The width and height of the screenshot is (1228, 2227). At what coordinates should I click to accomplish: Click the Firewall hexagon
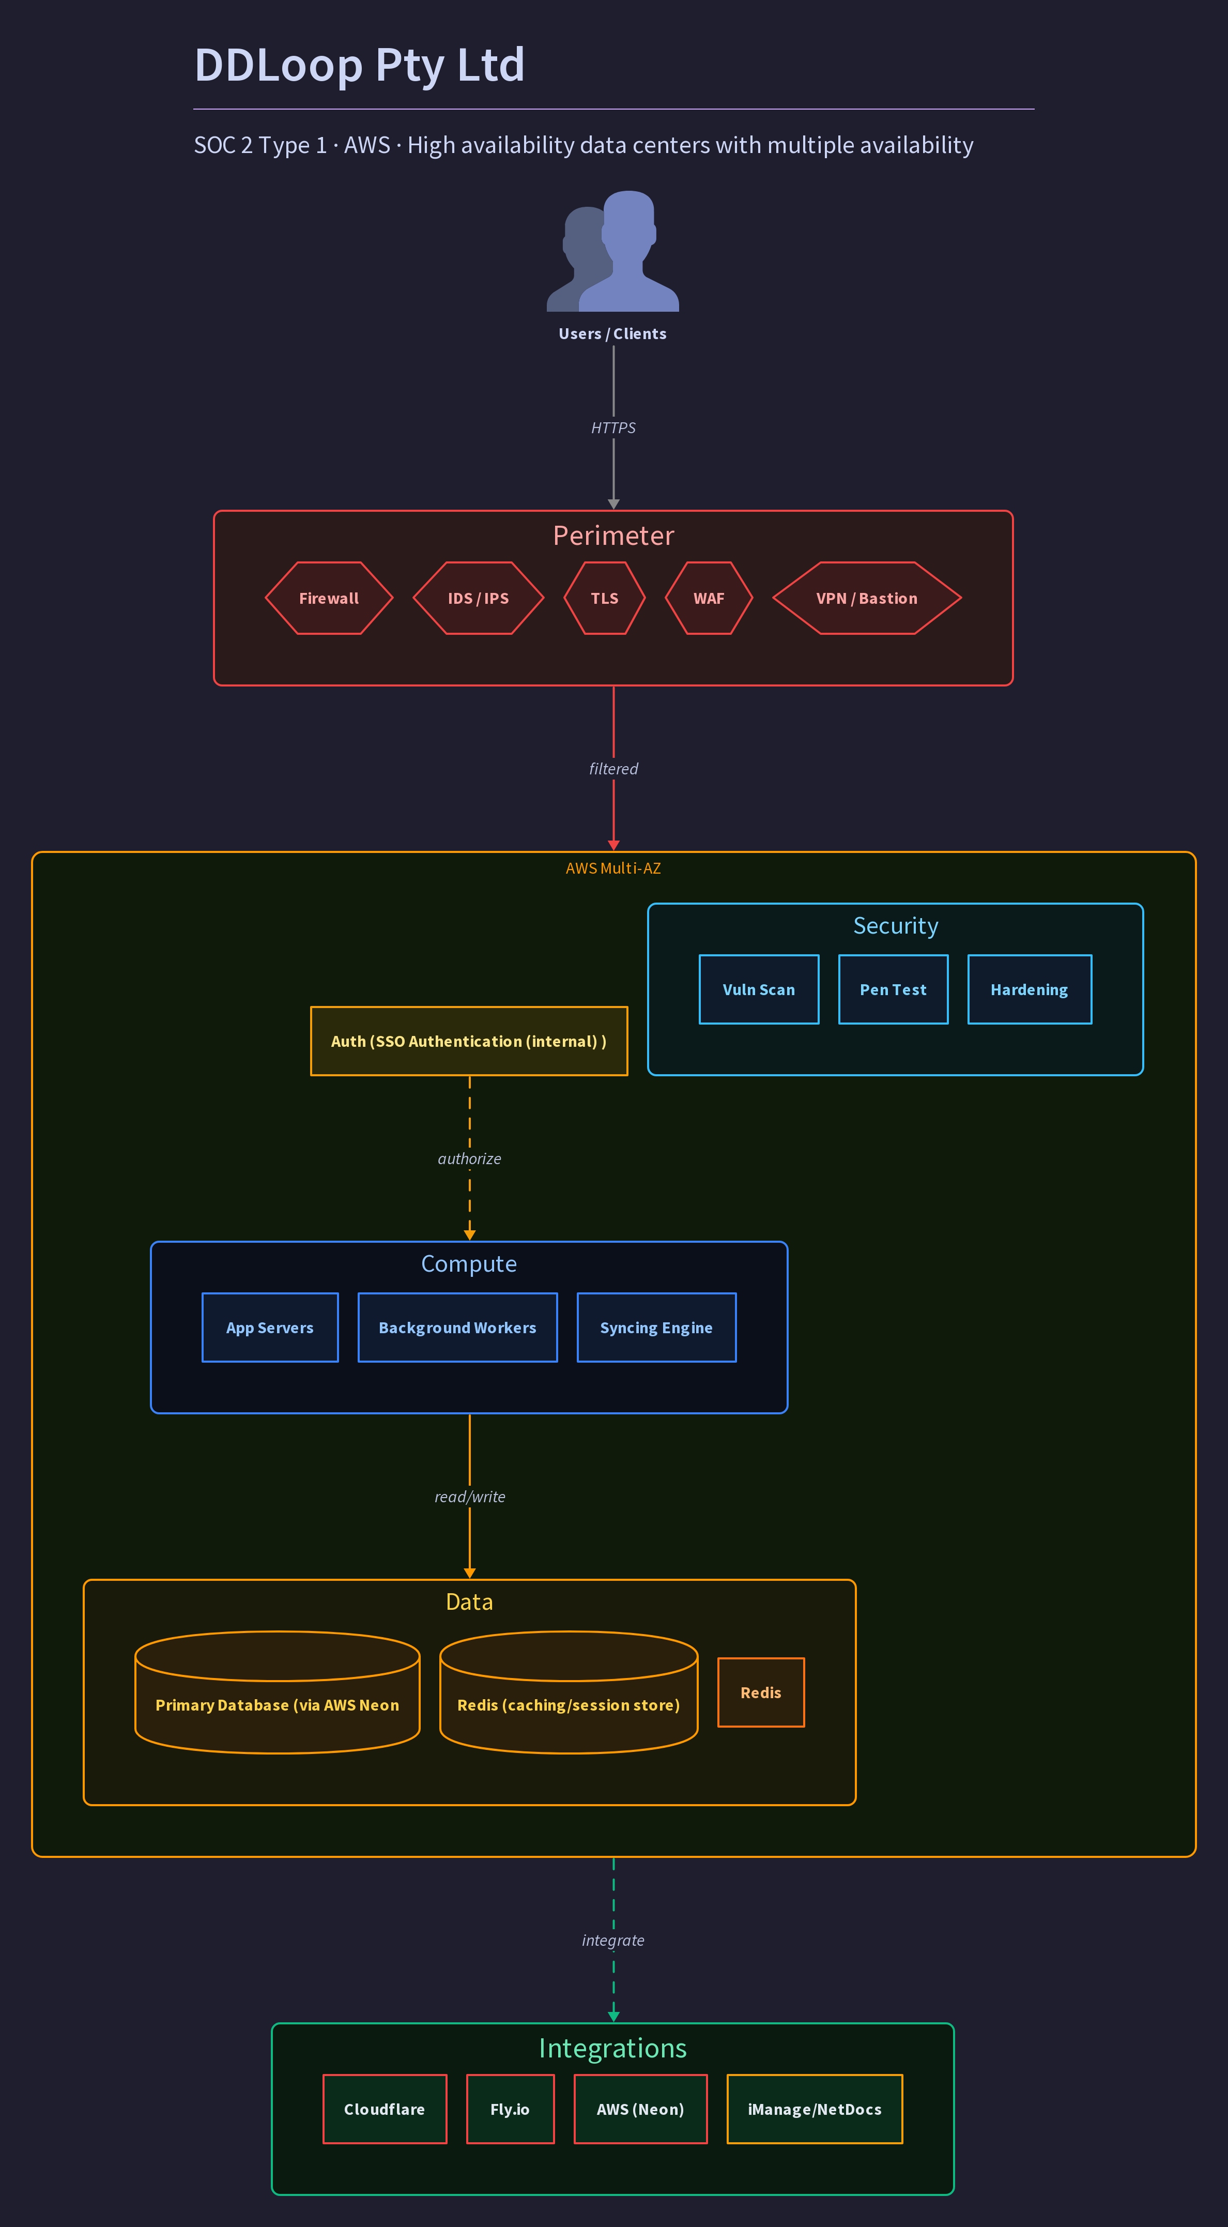click(x=329, y=598)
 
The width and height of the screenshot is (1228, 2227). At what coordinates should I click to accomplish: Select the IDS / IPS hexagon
click(x=479, y=598)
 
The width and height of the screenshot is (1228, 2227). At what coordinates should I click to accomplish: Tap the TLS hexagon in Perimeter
click(x=605, y=598)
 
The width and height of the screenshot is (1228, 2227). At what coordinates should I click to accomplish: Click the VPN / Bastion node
click(x=867, y=598)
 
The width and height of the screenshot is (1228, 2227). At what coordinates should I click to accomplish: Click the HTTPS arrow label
click(x=613, y=428)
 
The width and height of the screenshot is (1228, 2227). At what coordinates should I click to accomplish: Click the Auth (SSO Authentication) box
click(x=469, y=1041)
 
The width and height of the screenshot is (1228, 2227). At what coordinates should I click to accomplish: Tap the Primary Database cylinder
click(x=278, y=1692)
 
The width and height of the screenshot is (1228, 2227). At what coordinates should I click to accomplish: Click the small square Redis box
click(x=761, y=1692)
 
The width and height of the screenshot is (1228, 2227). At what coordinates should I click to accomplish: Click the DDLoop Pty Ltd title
click(x=360, y=65)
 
